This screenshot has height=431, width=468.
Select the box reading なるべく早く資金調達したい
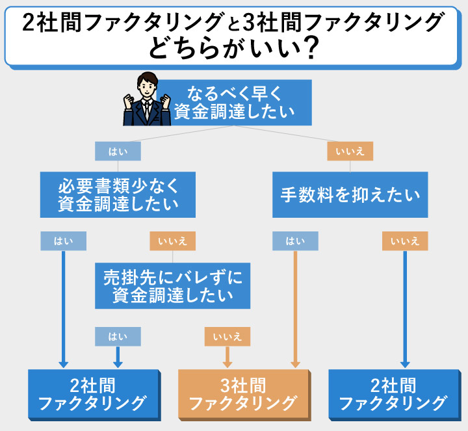coord(233,102)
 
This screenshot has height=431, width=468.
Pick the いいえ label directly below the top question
coord(350,151)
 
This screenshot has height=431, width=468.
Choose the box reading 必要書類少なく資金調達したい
coord(118,194)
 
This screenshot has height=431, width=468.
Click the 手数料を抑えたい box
coord(350,194)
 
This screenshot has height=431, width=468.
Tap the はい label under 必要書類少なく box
coord(63,241)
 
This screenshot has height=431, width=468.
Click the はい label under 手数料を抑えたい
coord(295,241)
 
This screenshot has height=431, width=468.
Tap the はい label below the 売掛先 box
coord(118,336)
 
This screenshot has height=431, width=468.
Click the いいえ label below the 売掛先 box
coord(227,336)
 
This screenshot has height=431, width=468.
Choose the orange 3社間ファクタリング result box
coord(243,394)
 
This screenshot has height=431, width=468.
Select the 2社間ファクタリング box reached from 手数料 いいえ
coord(393,394)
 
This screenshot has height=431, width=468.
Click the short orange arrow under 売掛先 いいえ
coord(227,358)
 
